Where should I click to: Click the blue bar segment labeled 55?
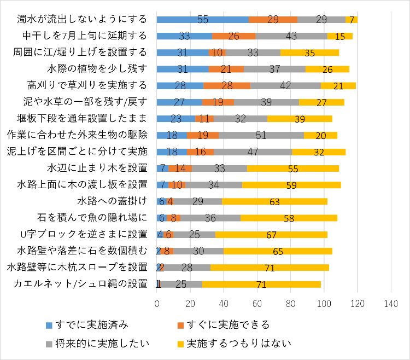pyautogui.click(x=203, y=20)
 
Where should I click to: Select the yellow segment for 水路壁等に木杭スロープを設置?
pyautogui.click(x=270, y=268)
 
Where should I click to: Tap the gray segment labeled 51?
pyautogui.click(x=261, y=135)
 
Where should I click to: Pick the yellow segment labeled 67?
pyautogui.click(x=271, y=234)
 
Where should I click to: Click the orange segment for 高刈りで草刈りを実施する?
pyautogui.click(x=227, y=85)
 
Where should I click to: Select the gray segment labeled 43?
pyautogui.click(x=291, y=36)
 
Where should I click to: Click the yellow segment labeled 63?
pyautogui.click(x=274, y=201)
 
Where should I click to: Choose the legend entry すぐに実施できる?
pyautogui.click(x=226, y=325)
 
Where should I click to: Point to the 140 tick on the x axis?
pyautogui.click(x=391, y=304)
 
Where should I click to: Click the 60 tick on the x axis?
pyautogui.click(x=257, y=304)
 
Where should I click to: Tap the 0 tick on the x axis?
pyautogui.click(x=157, y=304)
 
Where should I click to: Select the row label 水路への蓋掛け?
pyautogui.click(x=113, y=201)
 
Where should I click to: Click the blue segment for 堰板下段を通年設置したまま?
pyautogui.click(x=176, y=119)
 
